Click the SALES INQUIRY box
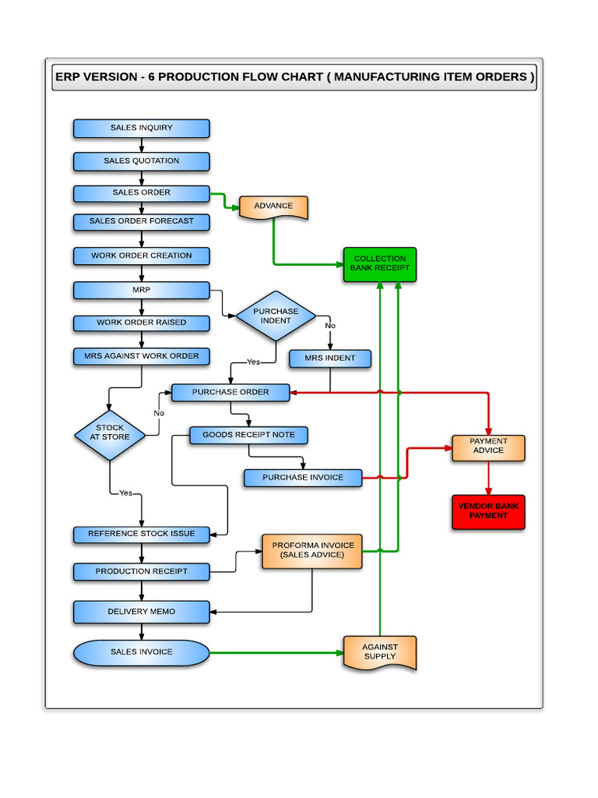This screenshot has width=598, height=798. click(141, 128)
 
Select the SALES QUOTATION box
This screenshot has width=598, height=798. click(141, 161)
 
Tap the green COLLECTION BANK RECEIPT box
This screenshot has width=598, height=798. click(380, 264)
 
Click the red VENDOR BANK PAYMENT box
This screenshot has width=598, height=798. click(488, 511)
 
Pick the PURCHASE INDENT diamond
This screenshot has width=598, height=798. click(276, 316)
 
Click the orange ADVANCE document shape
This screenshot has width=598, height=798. click(273, 207)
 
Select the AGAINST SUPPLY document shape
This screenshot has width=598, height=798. click(380, 652)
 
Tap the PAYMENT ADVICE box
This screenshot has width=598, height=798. click(488, 447)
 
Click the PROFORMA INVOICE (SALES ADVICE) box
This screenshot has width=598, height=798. click(312, 550)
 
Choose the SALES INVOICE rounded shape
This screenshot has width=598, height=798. click(141, 652)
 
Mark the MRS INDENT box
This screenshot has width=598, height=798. click(329, 358)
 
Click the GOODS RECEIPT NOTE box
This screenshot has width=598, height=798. click(248, 435)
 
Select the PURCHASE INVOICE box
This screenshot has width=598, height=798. click(302, 478)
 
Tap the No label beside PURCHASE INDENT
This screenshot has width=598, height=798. click(330, 326)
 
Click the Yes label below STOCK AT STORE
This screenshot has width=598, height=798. click(125, 493)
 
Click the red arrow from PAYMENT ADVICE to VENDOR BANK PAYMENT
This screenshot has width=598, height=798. click(488, 478)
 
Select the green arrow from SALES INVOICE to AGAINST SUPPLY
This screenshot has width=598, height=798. click(276, 652)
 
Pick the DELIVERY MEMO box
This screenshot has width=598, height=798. click(141, 612)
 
